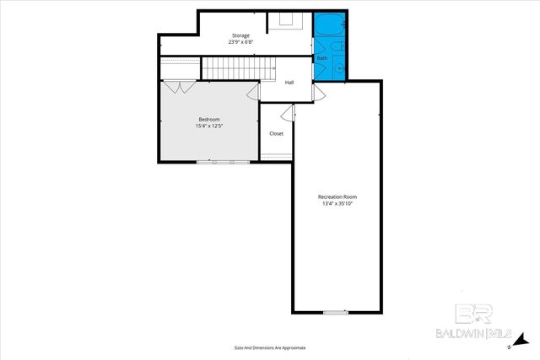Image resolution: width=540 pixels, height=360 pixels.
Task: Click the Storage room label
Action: [x=240, y=35]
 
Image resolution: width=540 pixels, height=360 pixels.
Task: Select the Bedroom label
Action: [x=208, y=120]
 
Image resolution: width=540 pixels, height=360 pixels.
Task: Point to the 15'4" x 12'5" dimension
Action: [x=208, y=126]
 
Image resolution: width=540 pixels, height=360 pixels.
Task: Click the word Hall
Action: [x=289, y=82]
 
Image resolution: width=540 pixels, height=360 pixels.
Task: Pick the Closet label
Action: [x=276, y=133]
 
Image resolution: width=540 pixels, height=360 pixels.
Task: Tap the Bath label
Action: [x=322, y=58]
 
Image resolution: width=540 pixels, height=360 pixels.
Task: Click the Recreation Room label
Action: [x=337, y=196]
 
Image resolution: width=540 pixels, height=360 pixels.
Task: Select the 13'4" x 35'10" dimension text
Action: [x=337, y=203]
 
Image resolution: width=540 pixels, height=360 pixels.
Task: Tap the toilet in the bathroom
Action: [x=335, y=47]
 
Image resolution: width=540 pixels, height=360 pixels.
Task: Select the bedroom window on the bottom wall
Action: [x=216, y=162]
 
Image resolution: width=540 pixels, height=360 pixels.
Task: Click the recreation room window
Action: [x=335, y=312]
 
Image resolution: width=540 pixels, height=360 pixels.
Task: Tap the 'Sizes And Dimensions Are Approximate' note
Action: [x=269, y=347]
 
